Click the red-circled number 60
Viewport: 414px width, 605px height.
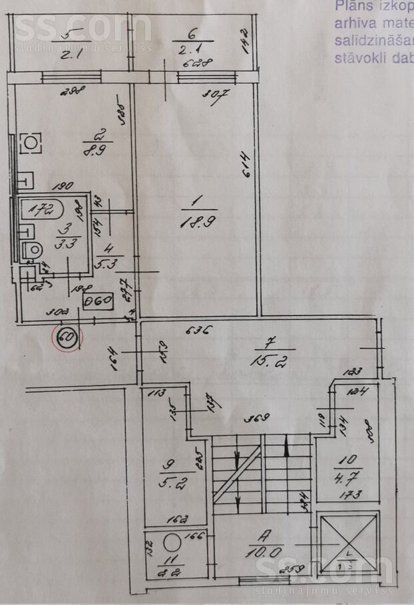pyautogui.click(x=67, y=337)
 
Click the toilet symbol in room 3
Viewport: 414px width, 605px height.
pyautogui.click(x=32, y=251)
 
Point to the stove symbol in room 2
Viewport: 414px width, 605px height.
pyautogui.click(x=30, y=142)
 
